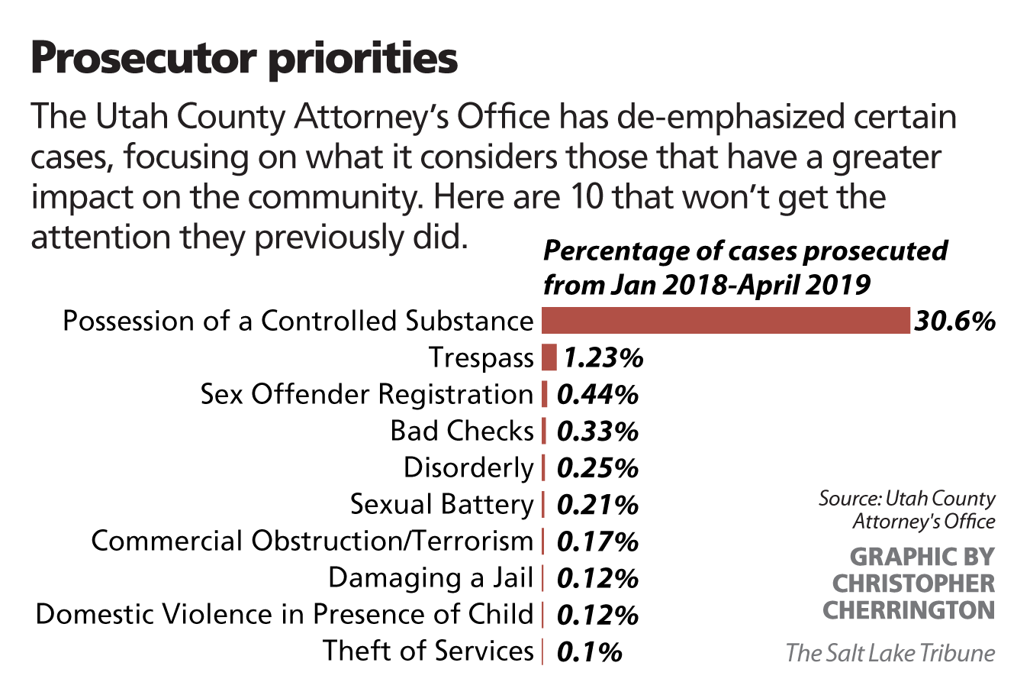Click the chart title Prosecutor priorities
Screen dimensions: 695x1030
tap(244, 58)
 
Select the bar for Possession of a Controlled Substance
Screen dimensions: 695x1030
tap(726, 321)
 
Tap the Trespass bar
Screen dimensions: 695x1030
tap(549, 357)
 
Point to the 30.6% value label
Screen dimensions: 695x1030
tap(954, 321)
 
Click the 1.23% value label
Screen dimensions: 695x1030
tap(604, 357)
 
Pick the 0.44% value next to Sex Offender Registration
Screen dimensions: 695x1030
tap(597, 394)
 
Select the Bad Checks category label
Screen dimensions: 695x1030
tap(462, 431)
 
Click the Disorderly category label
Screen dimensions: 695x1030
tap(468, 467)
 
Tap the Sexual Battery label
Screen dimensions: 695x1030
tap(442, 504)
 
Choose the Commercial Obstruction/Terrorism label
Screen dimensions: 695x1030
tap(312, 541)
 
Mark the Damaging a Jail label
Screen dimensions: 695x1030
tap(430, 577)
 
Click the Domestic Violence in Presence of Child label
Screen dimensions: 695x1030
tap(285, 614)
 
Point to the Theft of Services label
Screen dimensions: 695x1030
tap(428, 651)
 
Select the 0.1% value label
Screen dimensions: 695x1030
tap(589, 651)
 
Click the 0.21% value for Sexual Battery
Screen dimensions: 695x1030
tap(597, 505)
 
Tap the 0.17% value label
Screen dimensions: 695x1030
tap(597, 541)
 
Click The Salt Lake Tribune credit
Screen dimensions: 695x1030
tap(890, 653)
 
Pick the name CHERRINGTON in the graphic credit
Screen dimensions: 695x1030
tap(909, 610)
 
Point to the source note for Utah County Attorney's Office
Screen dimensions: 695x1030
tap(907, 510)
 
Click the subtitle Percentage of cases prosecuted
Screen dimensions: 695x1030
tap(745, 251)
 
